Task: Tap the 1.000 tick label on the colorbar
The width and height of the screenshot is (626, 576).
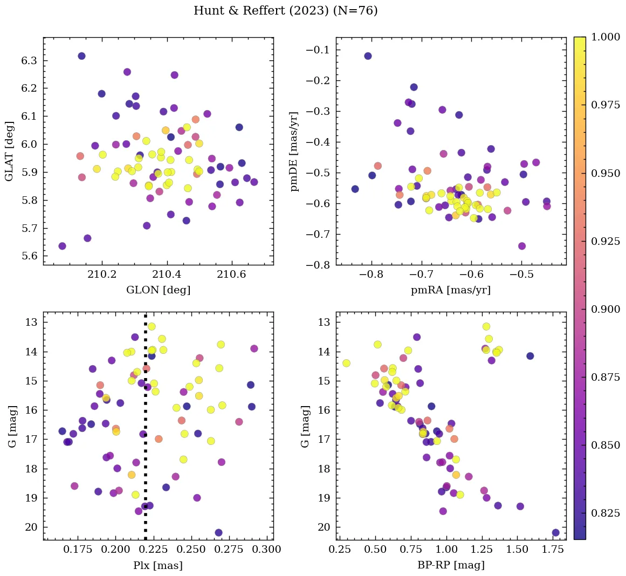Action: [x=606, y=37]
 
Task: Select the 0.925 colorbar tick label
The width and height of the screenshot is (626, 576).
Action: [x=606, y=241]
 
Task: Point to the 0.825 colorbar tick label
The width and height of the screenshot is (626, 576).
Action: [x=606, y=513]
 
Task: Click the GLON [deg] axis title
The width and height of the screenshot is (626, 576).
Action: [x=158, y=290]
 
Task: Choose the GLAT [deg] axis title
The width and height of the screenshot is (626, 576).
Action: [x=9, y=151]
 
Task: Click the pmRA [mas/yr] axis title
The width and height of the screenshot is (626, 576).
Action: [x=451, y=290]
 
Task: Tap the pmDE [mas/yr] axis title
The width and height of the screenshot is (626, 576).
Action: [x=294, y=151]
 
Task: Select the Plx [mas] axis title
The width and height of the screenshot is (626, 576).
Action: [x=158, y=565]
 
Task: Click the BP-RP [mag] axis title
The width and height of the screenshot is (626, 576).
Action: [x=451, y=565]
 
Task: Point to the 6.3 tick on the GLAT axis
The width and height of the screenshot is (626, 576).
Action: [x=29, y=60]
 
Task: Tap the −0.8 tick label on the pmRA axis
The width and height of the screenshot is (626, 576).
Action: [x=371, y=274]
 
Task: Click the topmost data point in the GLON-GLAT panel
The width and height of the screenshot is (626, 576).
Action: [x=81, y=56]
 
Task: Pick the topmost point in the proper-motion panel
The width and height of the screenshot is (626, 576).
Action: [x=368, y=56]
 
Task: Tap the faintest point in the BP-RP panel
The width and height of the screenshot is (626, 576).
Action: [x=555, y=533]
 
